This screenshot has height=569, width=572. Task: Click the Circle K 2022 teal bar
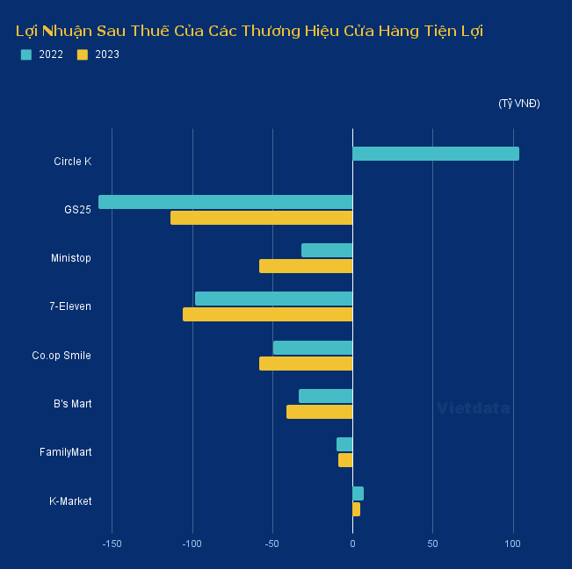(x=435, y=154)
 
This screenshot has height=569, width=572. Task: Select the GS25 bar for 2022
(x=225, y=202)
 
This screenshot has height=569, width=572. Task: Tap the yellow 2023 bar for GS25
(x=261, y=218)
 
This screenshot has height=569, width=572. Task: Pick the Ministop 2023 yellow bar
(x=306, y=266)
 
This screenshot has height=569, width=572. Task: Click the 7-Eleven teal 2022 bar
(x=273, y=299)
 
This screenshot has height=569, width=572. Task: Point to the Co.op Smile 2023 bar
(x=306, y=364)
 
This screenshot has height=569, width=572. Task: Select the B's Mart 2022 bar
(x=325, y=396)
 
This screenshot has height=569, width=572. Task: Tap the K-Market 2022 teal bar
(x=358, y=493)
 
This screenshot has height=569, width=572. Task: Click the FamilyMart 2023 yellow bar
(x=345, y=460)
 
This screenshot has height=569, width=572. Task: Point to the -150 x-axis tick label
(x=112, y=544)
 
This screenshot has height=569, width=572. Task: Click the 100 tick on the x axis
(x=512, y=544)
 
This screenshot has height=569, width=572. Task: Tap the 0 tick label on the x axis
(x=352, y=544)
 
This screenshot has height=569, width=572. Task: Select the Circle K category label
(x=72, y=162)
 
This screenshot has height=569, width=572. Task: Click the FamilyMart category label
(x=65, y=452)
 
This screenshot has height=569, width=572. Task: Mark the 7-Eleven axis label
(x=70, y=306)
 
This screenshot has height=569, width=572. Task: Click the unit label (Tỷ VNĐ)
(x=518, y=104)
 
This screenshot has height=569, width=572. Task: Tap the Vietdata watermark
(x=473, y=408)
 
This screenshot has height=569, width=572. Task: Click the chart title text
(x=250, y=31)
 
